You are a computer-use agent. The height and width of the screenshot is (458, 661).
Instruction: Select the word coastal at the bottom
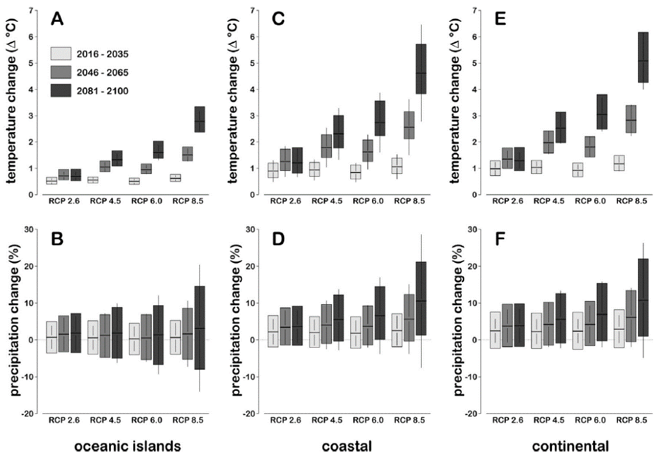click(348, 446)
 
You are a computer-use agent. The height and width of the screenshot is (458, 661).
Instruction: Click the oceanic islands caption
click(127, 446)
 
